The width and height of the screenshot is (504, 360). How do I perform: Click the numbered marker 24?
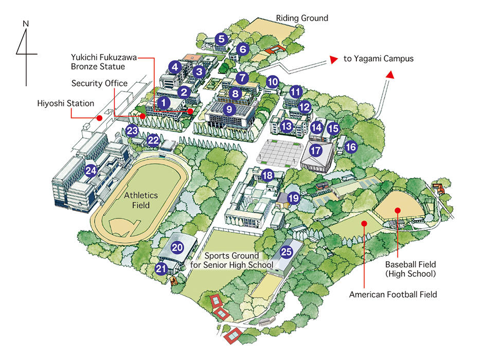(91, 171)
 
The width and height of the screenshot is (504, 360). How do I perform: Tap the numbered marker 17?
(316, 151)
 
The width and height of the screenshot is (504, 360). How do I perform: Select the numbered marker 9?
(229, 109)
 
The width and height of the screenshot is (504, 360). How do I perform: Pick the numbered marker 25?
(286, 251)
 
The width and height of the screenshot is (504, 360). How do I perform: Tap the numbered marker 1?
(164, 103)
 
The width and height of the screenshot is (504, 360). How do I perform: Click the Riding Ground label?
(302, 18)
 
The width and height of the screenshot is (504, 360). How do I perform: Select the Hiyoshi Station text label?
(65, 103)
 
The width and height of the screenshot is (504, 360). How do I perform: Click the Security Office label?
(99, 83)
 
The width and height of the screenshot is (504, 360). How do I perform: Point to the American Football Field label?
(393, 295)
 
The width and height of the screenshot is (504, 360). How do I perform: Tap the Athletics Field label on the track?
(140, 201)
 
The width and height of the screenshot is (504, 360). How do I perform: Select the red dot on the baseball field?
(398, 210)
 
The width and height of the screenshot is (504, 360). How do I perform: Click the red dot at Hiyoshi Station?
(100, 118)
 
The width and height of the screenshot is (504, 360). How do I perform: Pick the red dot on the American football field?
(364, 223)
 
